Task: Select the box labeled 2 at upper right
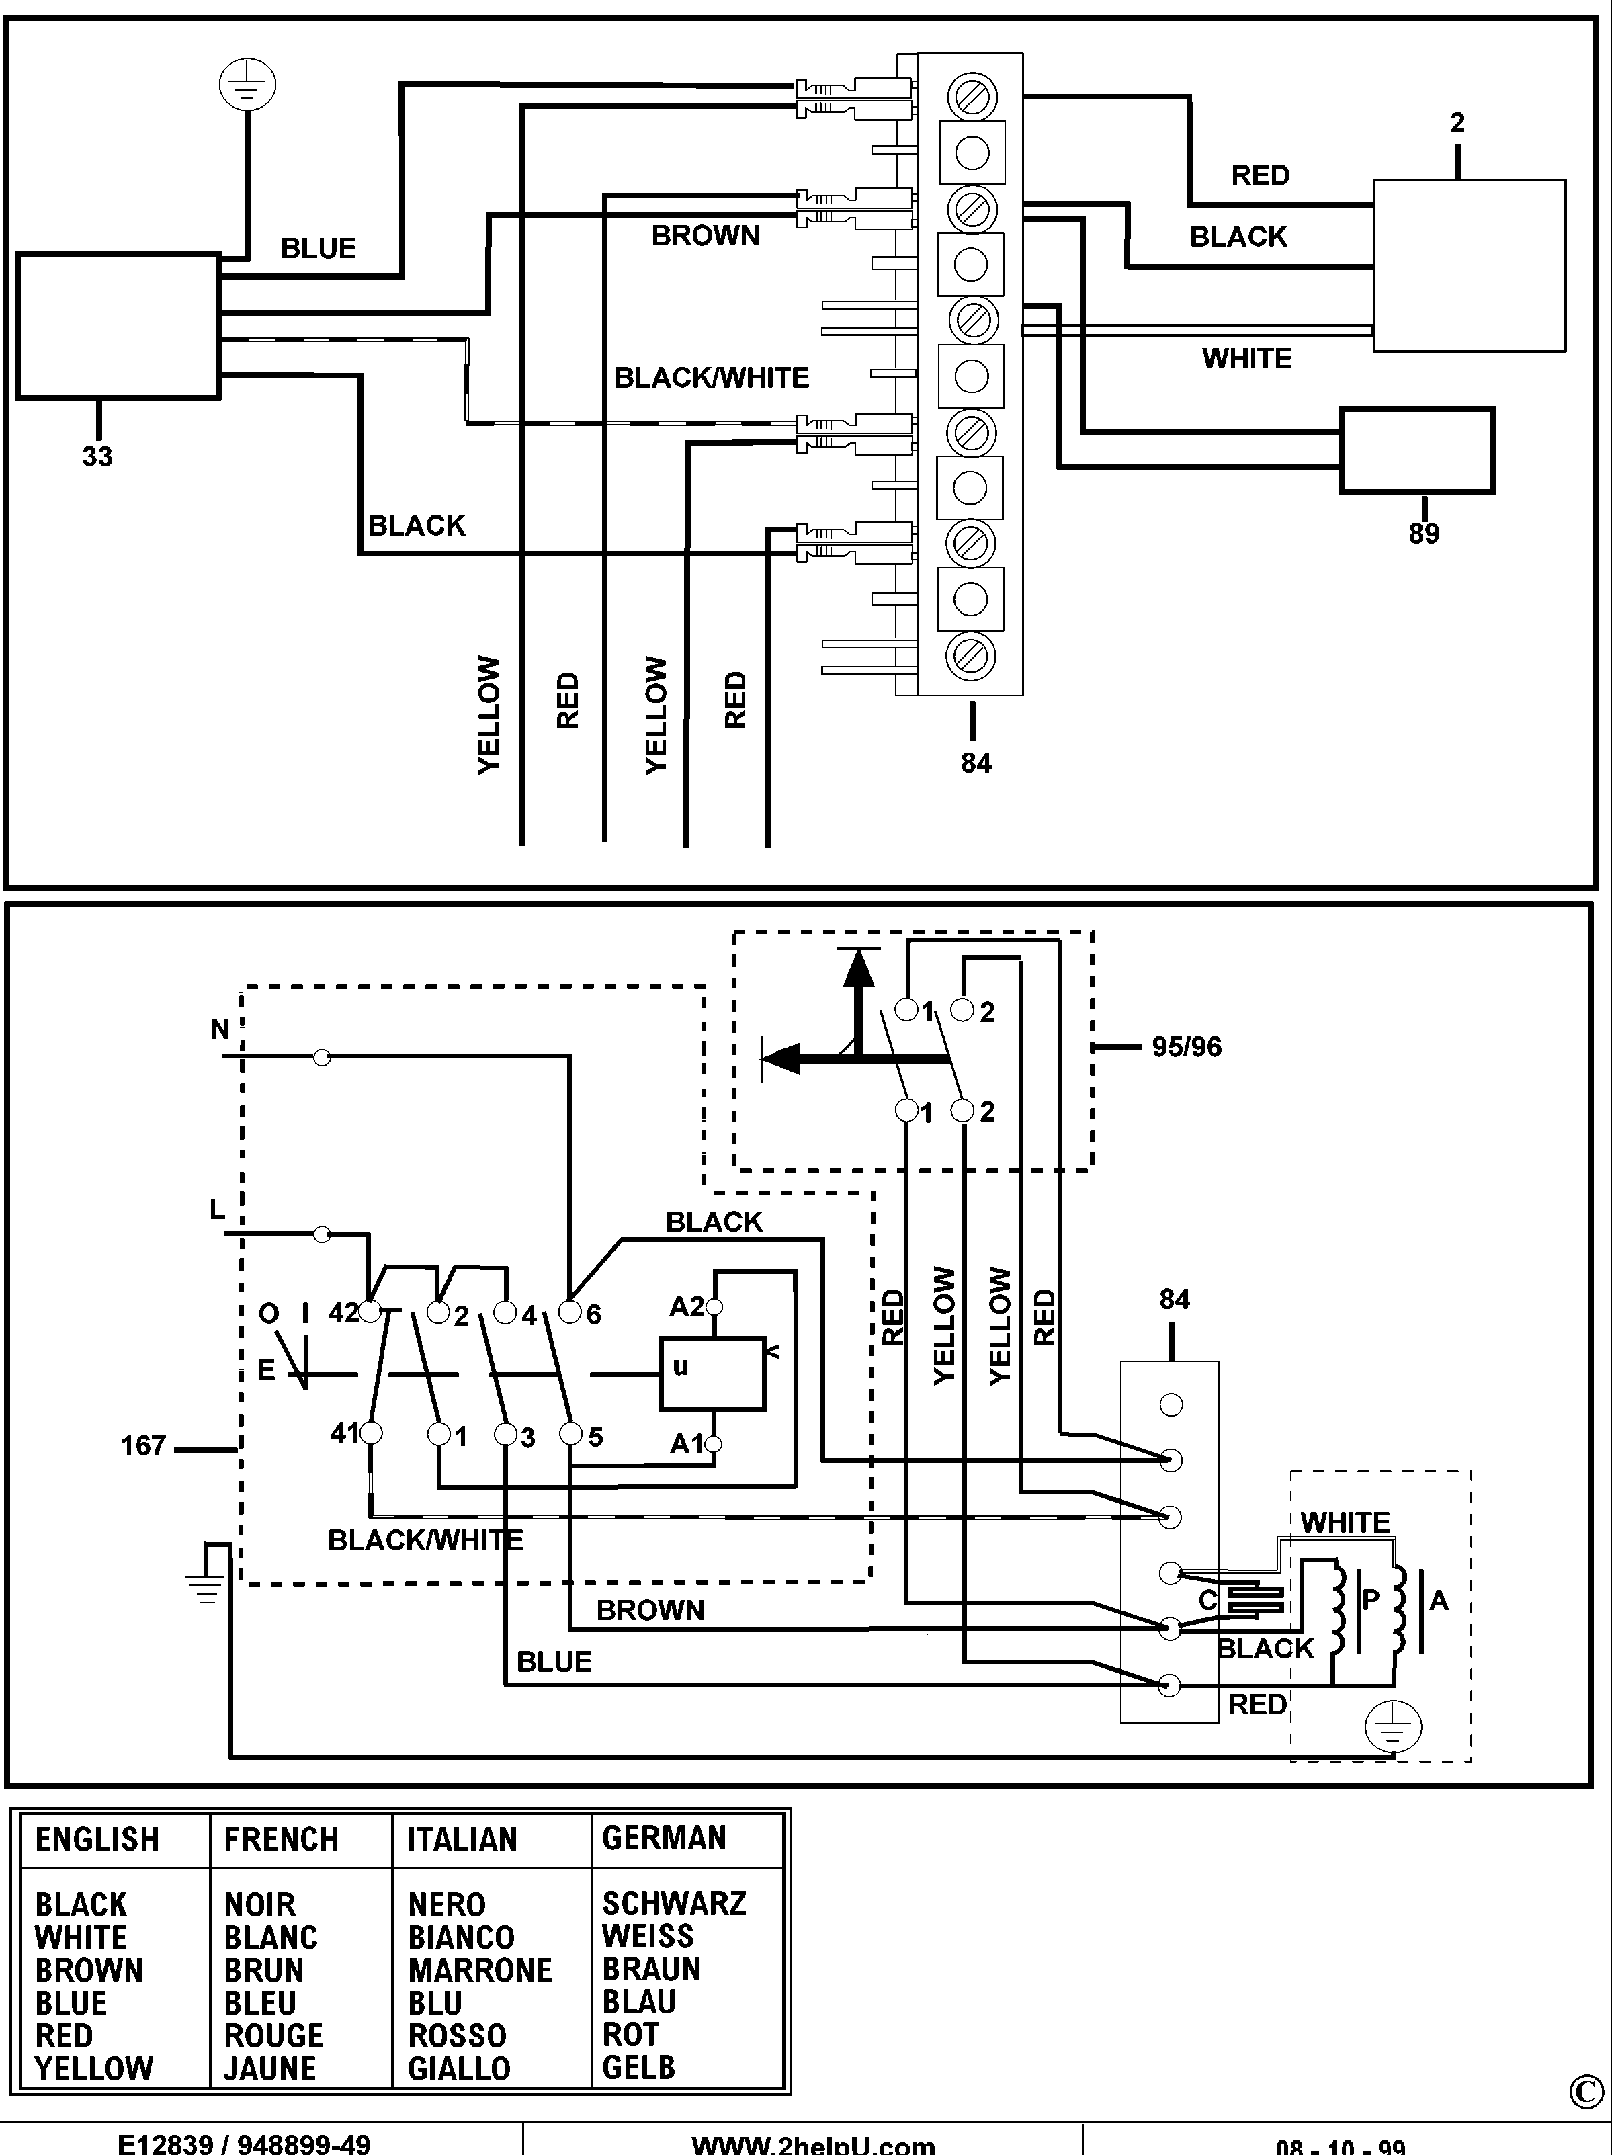[x=1469, y=265]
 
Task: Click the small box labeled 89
[x=1416, y=450]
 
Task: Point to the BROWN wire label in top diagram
[x=705, y=236]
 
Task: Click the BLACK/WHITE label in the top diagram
[x=711, y=378]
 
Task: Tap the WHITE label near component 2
[x=1246, y=359]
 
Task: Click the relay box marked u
[x=712, y=1374]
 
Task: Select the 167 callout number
[x=143, y=1446]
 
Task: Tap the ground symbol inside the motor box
[x=1393, y=1728]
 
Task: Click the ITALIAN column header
[x=462, y=1839]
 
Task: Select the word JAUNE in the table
[x=270, y=2068]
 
